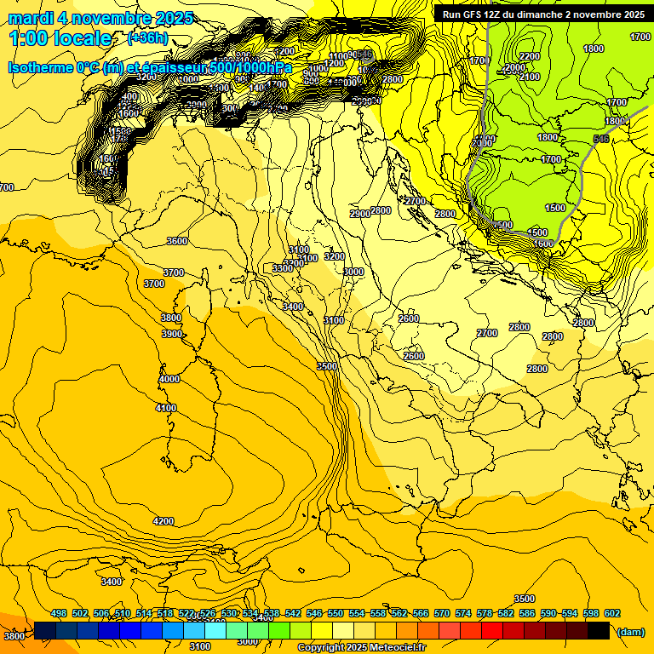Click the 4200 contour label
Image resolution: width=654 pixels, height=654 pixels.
(163, 521)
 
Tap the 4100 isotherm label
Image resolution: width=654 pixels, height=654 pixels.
(166, 408)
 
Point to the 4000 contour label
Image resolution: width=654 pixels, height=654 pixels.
(169, 379)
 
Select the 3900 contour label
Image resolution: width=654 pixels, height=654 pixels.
(172, 334)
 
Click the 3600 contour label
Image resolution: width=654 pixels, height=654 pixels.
(176, 241)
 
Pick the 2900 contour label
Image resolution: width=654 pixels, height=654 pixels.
(359, 214)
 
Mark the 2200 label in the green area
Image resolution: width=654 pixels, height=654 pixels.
(529, 56)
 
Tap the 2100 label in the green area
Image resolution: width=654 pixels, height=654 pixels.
(529, 77)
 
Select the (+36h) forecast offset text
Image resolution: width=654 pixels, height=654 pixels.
(148, 38)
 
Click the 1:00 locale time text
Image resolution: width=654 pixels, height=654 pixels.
(60, 38)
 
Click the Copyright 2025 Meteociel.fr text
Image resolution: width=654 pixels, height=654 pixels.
(361, 648)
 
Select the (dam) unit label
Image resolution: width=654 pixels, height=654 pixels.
(630, 632)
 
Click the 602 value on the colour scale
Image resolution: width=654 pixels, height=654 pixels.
(611, 613)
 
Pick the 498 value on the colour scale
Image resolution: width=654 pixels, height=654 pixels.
(59, 613)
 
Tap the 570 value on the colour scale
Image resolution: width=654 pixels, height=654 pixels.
(442, 613)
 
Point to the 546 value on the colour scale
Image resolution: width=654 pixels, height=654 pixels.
(314, 613)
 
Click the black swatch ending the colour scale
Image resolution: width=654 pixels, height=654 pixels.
(599, 631)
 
